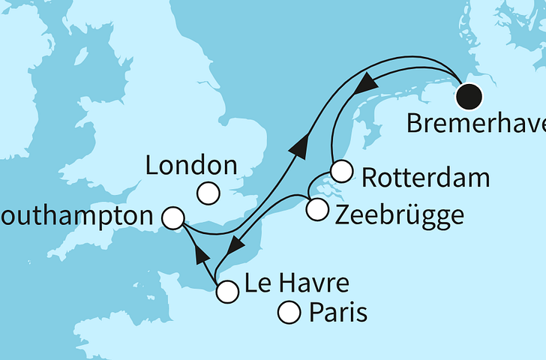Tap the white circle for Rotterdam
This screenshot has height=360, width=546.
341,172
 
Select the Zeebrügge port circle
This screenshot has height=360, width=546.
317,210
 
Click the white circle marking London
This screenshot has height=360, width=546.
208,194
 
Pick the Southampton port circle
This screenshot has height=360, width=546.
173,218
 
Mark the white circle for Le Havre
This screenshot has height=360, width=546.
226,292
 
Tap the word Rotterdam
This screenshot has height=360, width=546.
424,178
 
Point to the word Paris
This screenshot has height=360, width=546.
338,312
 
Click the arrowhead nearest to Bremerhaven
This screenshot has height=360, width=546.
367,83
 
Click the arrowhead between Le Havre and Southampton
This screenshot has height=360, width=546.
200,255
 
